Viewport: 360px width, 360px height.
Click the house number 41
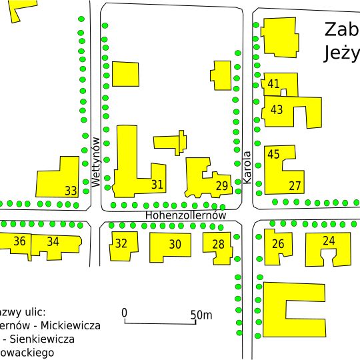[273, 85]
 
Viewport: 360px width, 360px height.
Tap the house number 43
[277, 109]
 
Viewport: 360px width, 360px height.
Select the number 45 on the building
[273, 154]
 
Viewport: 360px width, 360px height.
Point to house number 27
[295, 185]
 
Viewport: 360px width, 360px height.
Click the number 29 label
[223, 185]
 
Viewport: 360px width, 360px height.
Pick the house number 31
[157, 185]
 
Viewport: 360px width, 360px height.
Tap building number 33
[71, 191]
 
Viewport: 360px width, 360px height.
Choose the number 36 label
[20, 241]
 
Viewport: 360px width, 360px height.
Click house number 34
[53, 241]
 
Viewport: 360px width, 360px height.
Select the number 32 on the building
[121, 243]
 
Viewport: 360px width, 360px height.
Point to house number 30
[175, 245]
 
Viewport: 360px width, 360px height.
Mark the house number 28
[218, 245]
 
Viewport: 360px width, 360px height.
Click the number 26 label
[278, 244]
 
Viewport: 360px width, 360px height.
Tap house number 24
[328, 240]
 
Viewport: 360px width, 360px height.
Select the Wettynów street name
[95, 162]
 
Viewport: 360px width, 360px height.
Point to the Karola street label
[247, 168]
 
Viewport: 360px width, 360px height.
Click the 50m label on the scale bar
[201, 315]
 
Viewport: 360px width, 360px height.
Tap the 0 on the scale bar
[125, 313]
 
